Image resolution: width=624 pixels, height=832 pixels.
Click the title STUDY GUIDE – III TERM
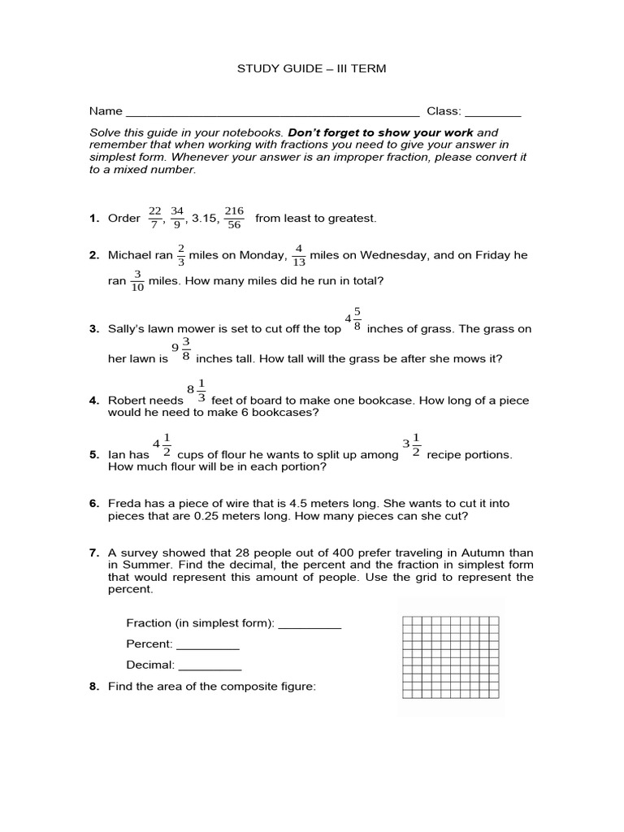[311, 69]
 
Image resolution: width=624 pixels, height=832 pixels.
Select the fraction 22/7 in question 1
[154, 218]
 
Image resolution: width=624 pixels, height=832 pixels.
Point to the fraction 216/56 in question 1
[234, 218]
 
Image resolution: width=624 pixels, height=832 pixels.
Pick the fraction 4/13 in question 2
[298, 255]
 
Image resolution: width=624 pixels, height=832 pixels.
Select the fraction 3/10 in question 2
[137, 280]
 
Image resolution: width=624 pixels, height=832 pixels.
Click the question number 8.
[94, 687]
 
